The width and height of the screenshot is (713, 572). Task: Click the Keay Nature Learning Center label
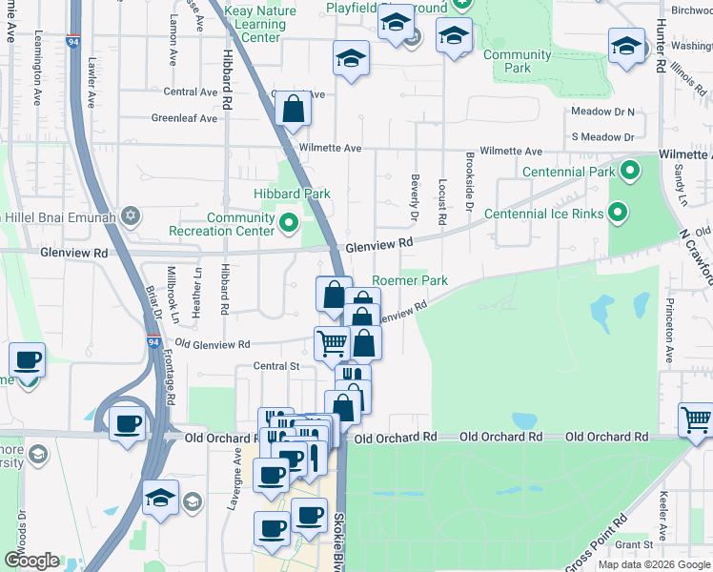[x=259, y=24]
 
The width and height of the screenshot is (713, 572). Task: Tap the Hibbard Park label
[x=292, y=194]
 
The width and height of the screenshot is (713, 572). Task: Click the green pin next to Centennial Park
[x=629, y=173]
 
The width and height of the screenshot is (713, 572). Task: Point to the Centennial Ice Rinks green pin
[x=618, y=214]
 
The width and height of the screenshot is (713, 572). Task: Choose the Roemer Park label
[x=410, y=281]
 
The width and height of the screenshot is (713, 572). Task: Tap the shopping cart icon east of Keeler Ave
[x=697, y=419]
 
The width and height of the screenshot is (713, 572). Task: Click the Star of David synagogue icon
[x=132, y=217]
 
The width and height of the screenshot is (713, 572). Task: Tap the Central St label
[x=276, y=365]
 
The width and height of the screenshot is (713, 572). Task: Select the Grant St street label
[x=633, y=545]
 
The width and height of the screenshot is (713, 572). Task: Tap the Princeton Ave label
[x=668, y=340]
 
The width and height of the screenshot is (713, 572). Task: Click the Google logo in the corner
[x=31, y=561]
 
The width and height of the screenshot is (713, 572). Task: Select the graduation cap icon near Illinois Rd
[x=626, y=47]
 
